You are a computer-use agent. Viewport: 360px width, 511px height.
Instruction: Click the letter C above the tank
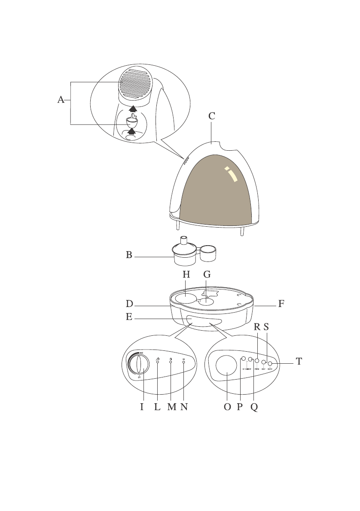(212, 116)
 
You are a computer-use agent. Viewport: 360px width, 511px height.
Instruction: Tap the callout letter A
(61, 100)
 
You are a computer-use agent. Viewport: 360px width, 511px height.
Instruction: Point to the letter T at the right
(299, 362)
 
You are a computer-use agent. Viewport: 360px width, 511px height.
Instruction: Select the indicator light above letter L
(158, 362)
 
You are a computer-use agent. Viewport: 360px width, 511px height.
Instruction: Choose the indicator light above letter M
(171, 362)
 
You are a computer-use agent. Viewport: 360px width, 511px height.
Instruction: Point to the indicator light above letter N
(184, 362)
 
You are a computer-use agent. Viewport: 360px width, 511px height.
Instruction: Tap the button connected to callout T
(270, 365)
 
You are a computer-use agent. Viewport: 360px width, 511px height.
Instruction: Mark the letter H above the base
(186, 275)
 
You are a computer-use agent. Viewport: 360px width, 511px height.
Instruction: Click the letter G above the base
(207, 275)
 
